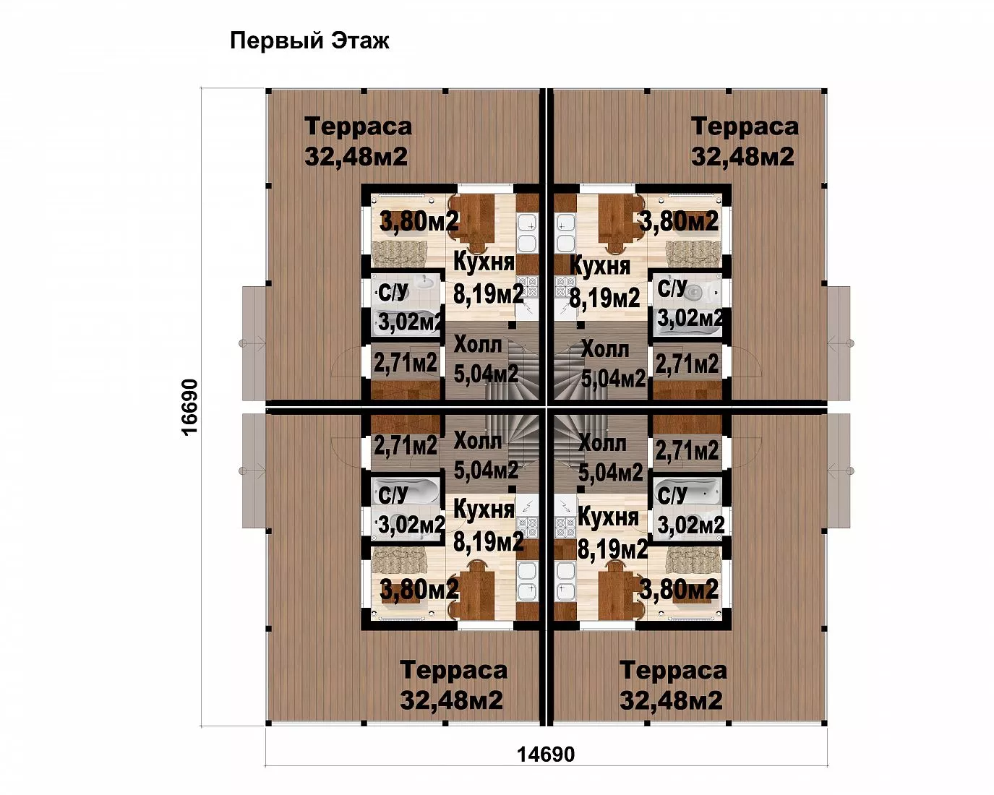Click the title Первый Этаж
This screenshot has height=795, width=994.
pos(309,41)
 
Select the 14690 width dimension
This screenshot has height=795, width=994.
pos(546,755)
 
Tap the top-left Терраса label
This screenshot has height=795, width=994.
pos(358,126)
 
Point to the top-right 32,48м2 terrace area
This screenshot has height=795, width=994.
pos(742,157)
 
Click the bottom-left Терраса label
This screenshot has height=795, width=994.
pos(453,670)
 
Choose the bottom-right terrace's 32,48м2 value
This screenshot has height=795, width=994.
pos(671,700)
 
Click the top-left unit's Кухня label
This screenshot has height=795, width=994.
pos(484,262)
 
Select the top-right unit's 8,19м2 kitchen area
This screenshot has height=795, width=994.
pos(604,297)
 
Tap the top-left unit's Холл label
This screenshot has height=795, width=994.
pos(477,345)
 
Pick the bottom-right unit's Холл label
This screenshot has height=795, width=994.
pos(602,444)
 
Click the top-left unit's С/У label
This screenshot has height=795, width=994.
pos(393,293)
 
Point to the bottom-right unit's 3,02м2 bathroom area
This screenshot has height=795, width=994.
pos(690,525)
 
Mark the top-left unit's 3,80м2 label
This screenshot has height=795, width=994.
pos(419,221)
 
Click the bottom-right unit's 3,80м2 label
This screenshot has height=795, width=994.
pos(679,590)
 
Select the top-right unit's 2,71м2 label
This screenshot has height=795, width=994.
pos(687,364)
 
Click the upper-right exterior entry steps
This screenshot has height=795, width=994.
pos(839,343)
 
